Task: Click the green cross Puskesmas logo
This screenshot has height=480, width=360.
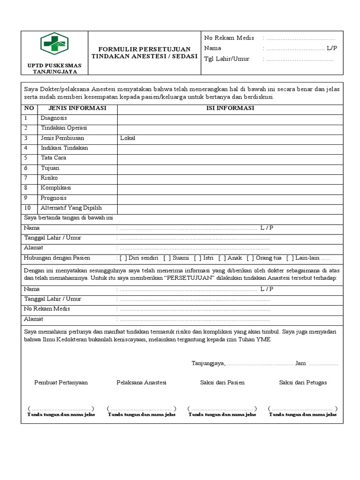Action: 54,45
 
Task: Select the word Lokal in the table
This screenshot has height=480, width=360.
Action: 127,138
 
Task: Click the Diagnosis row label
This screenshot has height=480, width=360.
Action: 53,118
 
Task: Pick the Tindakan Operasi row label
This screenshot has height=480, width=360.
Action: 64,128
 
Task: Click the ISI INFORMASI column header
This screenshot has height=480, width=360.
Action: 230,108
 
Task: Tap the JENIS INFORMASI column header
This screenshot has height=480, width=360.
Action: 77,108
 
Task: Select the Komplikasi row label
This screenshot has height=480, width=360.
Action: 55,187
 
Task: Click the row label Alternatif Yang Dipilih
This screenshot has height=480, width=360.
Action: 71,208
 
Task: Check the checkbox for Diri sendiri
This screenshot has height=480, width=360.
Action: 123,258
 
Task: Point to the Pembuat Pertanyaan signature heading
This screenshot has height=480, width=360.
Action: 61,382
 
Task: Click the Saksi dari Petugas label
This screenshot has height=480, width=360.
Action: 303,382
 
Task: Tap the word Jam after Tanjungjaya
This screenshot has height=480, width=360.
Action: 300,363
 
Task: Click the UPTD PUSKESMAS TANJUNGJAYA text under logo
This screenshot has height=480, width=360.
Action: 54,68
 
